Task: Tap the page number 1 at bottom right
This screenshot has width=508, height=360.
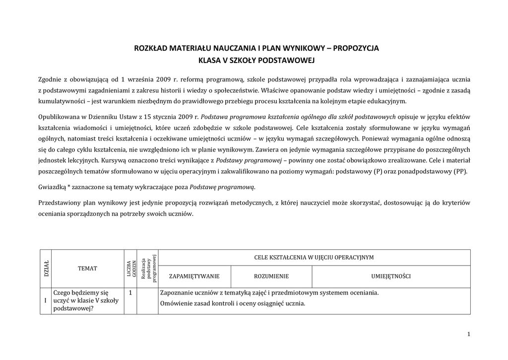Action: [x=468, y=334]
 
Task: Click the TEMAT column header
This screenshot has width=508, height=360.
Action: [x=87, y=268]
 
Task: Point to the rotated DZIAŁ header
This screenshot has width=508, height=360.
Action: [x=46, y=268]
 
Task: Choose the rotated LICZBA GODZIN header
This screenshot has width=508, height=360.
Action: [x=130, y=268]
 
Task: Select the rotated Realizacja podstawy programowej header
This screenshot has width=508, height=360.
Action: [x=148, y=268]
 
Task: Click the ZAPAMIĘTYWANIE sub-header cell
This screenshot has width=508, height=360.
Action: [x=194, y=276]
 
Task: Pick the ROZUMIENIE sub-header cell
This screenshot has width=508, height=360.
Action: [x=271, y=276]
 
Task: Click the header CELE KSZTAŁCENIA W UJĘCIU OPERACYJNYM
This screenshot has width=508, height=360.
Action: [x=314, y=258]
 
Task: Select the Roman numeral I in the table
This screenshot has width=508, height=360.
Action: [x=46, y=300]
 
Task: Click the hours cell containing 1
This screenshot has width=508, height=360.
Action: [x=130, y=293]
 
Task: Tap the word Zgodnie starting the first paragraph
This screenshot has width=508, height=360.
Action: [x=51, y=79]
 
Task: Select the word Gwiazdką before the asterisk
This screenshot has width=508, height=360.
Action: [x=54, y=187]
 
